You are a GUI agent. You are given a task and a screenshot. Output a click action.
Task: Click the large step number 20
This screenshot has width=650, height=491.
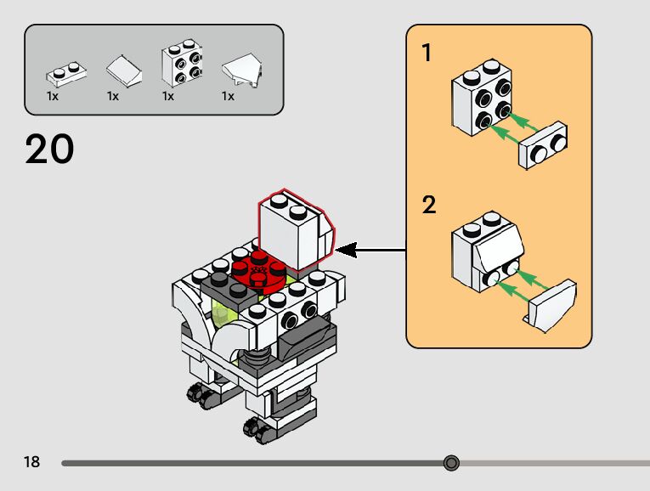coord(50,150)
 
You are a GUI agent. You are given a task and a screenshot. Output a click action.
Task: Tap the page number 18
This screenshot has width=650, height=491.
coord(31,462)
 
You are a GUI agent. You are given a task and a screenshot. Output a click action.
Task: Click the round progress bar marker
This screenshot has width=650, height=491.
coord(451,463)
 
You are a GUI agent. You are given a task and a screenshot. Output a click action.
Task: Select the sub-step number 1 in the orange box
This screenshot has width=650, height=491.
coord(427,54)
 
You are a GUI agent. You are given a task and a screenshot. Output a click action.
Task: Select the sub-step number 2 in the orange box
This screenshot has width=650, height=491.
coord(428,205)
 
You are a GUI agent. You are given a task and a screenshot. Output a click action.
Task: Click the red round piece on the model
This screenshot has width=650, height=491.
coord(257,270)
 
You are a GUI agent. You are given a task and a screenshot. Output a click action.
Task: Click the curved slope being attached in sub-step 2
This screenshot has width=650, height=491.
coord(552,306)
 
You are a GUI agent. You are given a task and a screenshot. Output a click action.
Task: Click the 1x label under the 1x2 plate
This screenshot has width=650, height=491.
coord(53,96)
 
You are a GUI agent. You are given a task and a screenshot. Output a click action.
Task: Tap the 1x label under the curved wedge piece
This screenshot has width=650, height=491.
coord(228,96)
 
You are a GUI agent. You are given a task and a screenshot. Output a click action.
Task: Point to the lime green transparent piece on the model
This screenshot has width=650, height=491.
coord(223,314)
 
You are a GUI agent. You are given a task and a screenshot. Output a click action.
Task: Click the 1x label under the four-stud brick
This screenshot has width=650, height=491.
coord(168,96)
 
